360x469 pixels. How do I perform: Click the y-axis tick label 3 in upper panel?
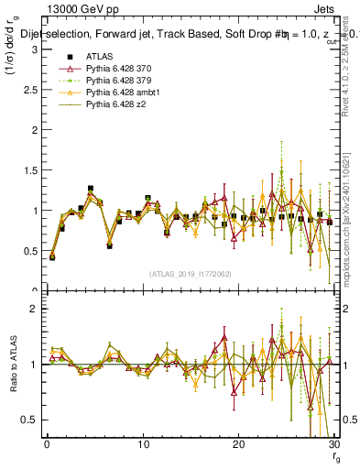click(34, 49)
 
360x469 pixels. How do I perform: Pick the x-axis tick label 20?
click(238, 445)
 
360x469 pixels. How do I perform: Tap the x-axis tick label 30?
click(333, 445)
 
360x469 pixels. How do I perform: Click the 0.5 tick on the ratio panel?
click(29, 420)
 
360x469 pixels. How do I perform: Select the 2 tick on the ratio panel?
click(34, 309)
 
